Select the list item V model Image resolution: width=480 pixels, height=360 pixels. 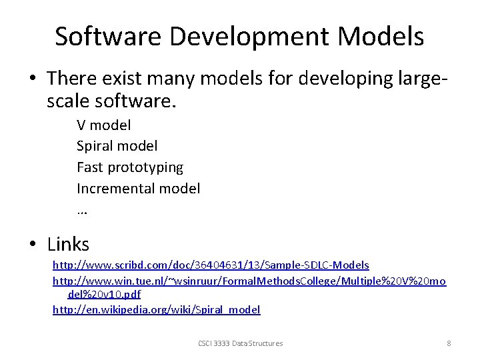104,125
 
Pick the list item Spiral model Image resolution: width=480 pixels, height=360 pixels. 117,145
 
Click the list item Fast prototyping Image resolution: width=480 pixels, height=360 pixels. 130,167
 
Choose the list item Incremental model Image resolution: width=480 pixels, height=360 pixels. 138,188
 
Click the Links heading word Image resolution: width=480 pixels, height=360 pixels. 68,244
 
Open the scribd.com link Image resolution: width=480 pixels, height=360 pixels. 211,265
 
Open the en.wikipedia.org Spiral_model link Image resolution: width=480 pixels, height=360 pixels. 156,309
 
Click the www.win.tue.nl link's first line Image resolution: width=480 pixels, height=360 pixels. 249,281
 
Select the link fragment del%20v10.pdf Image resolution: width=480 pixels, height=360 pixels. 104,294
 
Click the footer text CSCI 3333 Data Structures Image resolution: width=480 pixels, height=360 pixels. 240,343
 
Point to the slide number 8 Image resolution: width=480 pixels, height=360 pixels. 449,343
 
